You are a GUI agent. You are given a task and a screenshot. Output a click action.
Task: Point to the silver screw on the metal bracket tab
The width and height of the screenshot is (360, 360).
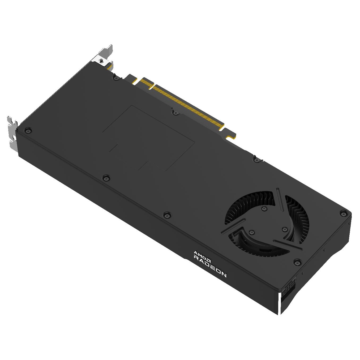click(101, 61)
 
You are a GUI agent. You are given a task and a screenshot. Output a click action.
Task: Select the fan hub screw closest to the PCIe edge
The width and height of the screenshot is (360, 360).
click(264, 209)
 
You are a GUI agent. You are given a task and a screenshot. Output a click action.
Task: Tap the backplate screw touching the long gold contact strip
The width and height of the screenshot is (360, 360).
click(175, 113)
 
